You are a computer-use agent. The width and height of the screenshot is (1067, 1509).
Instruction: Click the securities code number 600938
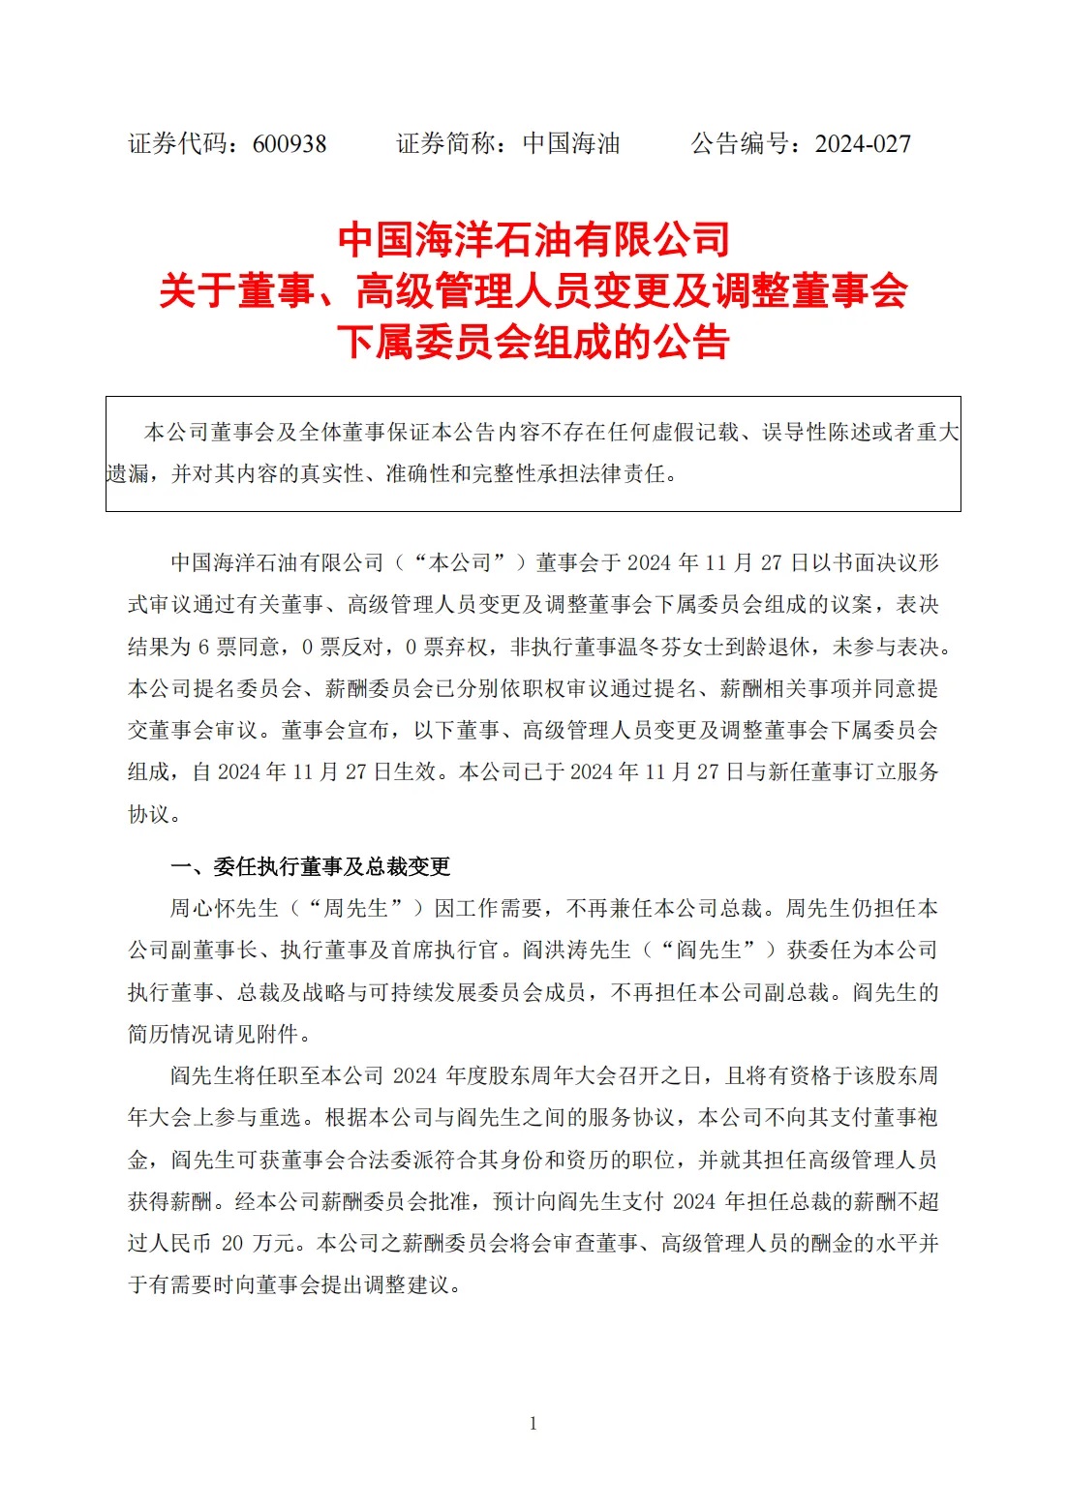coord(290,144)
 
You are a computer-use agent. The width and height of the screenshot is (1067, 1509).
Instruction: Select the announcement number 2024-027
coord(863,144)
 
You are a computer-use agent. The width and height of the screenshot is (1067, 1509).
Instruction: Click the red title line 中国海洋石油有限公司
coord(533,239)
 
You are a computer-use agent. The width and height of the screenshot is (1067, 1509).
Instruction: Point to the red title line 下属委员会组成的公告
coord(533,342)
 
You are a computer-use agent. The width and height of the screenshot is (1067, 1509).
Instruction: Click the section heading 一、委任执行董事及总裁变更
coord(311,866)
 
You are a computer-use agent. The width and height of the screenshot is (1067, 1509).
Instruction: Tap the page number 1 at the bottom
coord(533,1423)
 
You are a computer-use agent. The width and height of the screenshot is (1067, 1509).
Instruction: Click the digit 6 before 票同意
coord(204,647)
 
